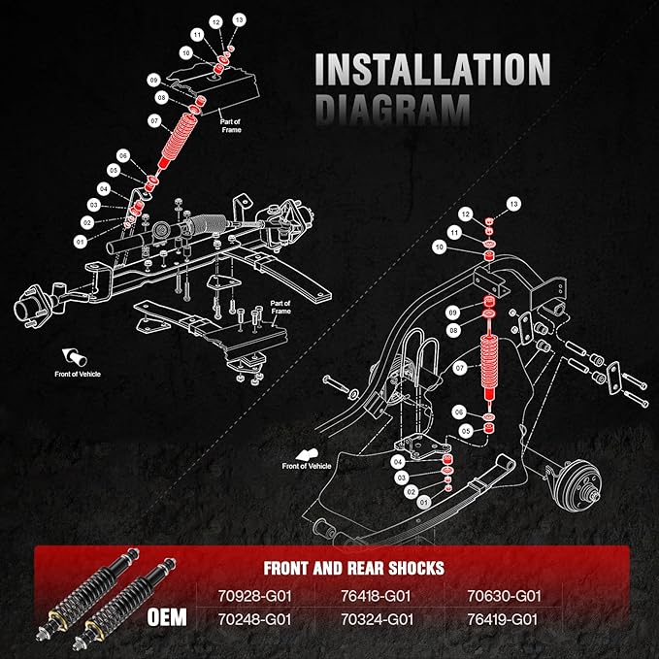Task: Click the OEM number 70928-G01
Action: [254, 596]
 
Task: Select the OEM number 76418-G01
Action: [376, 596]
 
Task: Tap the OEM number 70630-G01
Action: [504, 596]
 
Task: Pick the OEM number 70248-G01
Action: [254, 619]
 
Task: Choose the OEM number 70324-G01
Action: [377, 619]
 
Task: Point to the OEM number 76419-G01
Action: [502, 619]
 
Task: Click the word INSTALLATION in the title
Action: [433, 69]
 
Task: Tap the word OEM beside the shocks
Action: [167, 617]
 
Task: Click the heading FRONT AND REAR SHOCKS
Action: [354, 568]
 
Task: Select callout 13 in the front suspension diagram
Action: [239, 19]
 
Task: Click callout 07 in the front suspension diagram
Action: [154, 121]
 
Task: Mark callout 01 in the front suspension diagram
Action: [80, 242]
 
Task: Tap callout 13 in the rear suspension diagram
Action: [513, 204]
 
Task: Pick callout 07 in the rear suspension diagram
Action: [460, 369]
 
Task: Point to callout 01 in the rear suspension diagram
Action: [424, 502]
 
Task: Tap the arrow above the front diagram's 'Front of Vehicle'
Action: [75, 357]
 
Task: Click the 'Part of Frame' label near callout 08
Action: [231, 125]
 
